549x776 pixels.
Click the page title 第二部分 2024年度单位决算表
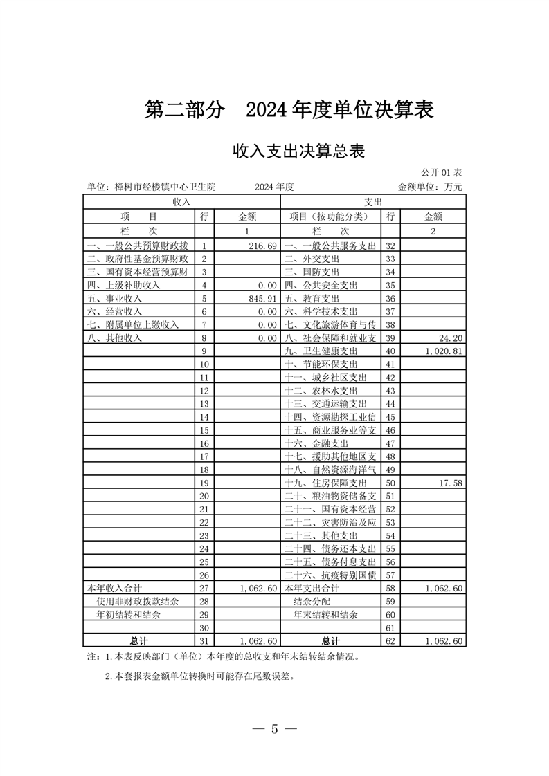pos(289,110)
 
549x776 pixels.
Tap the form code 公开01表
pos(442,172)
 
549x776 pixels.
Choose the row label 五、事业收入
pos(114,298)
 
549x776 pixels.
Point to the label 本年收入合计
pos(114,588)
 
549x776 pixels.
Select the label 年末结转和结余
pos(325,614)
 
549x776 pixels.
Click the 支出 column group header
pos(373,201)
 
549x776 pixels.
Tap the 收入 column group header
pos(181,201)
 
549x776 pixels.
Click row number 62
pos(390,640)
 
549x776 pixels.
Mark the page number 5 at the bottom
pos(274,729)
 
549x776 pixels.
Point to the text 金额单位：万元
pos(430,187)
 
